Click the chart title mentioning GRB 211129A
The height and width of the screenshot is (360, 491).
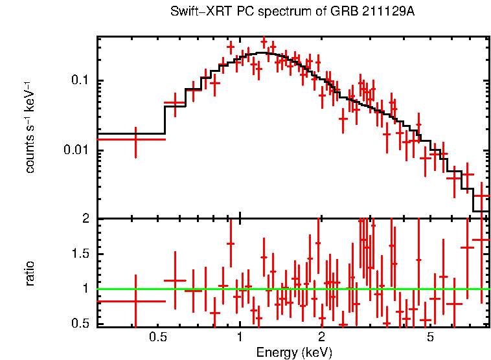(292, 12)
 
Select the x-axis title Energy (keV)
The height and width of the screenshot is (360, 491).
(294, 352)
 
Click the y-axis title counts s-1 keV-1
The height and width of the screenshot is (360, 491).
(30, 128)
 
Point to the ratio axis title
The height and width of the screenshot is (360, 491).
(30, 273)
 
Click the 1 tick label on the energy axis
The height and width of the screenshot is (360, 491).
(240, 338)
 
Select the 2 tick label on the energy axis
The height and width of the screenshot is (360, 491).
(321, 338)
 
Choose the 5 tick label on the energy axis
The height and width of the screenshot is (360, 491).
(430, 338)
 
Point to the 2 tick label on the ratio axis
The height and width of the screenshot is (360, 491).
(85, 219)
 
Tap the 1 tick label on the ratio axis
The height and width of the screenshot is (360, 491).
(85, 289)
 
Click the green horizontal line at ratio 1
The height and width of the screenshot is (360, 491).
(291, 289)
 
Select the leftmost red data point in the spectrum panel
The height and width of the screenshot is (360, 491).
(135, 139)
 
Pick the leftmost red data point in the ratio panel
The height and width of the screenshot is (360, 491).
(135, 301)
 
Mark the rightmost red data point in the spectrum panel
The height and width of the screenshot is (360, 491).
(482, 196)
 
